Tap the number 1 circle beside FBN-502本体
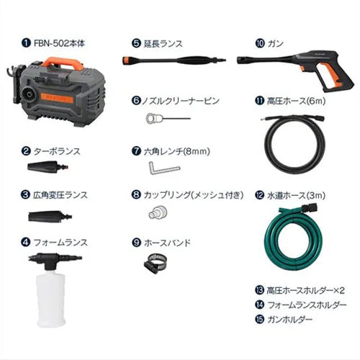[26, 42]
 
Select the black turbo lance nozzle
[48, 168]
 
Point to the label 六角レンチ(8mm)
[180, 151]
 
